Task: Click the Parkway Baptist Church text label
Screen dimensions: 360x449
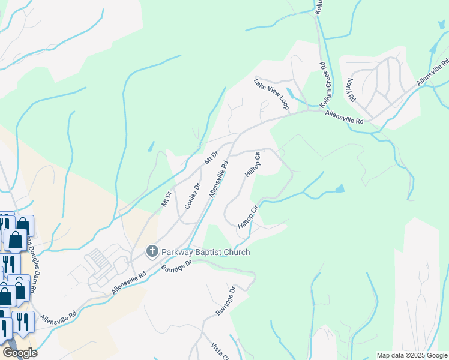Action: (205, 252)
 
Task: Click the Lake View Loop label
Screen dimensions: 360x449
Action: (271, 93)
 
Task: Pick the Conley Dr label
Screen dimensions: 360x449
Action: (191, 193)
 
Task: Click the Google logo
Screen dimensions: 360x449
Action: (20, 353)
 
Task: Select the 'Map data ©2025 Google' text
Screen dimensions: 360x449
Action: (412, 355)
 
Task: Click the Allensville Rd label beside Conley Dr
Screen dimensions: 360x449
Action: (219, 179)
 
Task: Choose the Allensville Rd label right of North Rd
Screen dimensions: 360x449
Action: (433, 73)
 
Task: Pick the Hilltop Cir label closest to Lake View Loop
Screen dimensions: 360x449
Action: (253, 164)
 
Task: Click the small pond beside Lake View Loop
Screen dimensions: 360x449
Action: (291, 94)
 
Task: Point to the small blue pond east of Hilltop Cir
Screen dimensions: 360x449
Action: (340, 189)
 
